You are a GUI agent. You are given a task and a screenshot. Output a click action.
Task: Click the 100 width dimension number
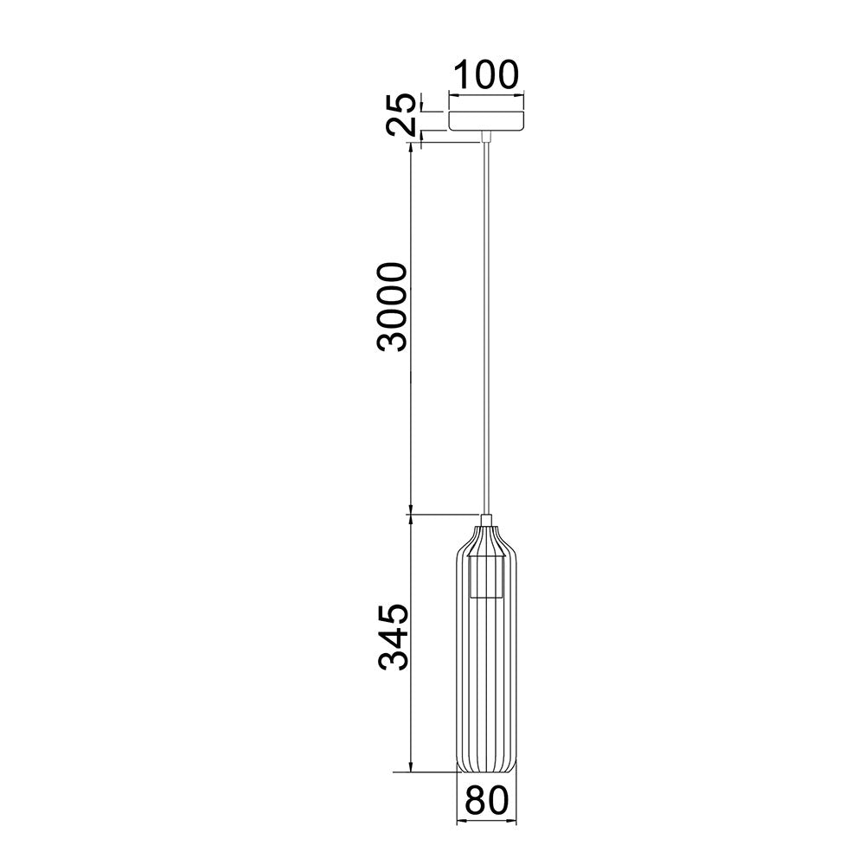pos(486,74)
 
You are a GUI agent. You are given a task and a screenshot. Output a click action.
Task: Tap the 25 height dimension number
pos(401,114)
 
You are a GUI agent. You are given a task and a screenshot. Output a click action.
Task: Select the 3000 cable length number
pos(392,307)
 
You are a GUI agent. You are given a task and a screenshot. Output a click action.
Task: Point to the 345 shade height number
pos(393,638)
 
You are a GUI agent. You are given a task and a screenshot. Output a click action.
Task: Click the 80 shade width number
pos(486,800)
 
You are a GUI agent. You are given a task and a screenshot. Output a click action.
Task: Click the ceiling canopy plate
pos(486,121)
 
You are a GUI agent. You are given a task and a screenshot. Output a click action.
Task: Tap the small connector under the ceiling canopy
pos(486,137)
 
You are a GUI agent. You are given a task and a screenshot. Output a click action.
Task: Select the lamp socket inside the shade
pos(486,577)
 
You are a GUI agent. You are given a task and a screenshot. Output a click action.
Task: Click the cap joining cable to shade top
pos(486,520)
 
